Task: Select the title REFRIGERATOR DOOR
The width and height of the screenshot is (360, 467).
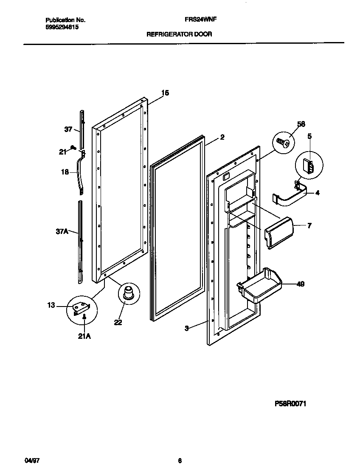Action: point(179,35)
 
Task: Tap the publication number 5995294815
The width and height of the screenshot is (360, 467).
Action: point(62,27)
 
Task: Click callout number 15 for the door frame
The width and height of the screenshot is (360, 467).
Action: point(165,93)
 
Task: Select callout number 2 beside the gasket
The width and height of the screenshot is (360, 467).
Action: point(222,137)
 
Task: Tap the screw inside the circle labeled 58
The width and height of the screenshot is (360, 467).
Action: point(284,143)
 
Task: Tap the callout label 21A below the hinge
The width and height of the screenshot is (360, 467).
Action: point(84,336)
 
